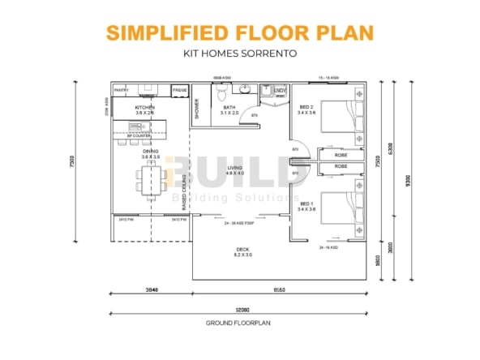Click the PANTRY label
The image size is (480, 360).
pyautogui.click(x=122, y=90)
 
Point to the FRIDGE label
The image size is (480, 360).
pyautogui.click(x=179, y=90)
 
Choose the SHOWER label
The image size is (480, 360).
pyautogui.click(x=197, y=108)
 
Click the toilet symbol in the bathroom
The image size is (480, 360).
pyautogui.click(x=225, y=94)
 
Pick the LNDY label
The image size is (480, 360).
pyautogui.click(x=280, y=90)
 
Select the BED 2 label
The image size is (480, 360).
pyautogui.click(x=306, y=109)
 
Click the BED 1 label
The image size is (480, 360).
pyautogui.click(x=306, y=206)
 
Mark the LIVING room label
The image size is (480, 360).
pyautogui.click(x=234, y=169)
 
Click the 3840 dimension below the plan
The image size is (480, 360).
pyautogui.click(x=150, y=289)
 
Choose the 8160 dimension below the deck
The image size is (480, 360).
pyautogui.click(x=280, y=289)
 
